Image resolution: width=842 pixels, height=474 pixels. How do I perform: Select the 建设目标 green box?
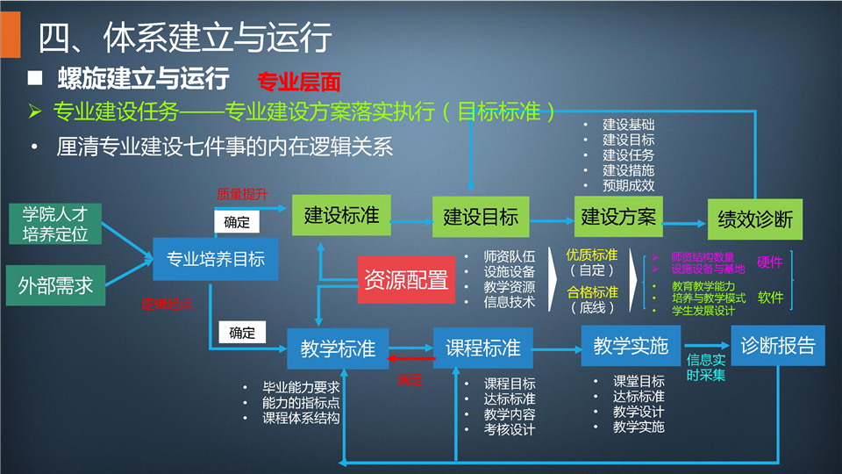[x=481, y=217]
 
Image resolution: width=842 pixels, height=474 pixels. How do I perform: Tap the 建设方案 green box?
[x=619, y=216]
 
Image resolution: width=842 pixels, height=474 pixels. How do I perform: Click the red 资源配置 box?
[x=406, y=279]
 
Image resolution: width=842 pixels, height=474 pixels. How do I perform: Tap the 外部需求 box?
[x=55, y=284]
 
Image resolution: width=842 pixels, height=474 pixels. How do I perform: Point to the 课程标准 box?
[x=482, y=347]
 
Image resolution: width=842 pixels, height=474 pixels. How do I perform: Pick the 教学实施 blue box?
[x=631, y=345]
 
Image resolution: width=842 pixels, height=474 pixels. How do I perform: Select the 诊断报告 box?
[x=777, y=345]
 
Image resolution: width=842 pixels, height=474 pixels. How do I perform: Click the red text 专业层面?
[x=298, y=83]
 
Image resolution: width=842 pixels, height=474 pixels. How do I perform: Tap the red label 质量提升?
[x=242, y=194]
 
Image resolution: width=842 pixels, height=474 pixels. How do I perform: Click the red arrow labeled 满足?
[x=410, y=359]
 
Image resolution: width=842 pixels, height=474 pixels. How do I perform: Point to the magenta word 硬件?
[x=769, y=262]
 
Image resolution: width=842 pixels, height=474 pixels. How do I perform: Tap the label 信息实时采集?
[x=706, y=367]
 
